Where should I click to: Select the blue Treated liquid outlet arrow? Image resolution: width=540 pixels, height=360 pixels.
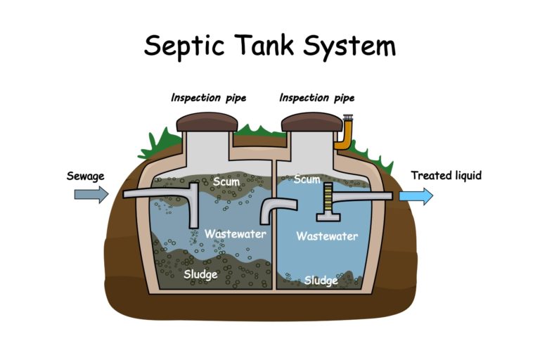point(416,195)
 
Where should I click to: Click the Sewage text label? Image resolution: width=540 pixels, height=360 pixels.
point(86,175)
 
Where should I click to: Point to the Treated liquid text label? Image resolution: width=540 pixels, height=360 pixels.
point(446,175)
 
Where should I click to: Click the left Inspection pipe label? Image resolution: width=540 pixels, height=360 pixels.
point(208,98)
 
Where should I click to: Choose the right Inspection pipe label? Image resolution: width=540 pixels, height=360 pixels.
point(316,98)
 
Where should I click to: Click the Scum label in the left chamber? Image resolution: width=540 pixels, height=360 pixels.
point(226,181)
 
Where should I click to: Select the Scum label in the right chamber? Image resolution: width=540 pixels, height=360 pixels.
point(307,179)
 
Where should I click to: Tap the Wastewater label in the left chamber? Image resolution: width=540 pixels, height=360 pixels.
point(235,233)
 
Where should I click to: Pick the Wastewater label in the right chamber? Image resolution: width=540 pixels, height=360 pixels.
point(326,236)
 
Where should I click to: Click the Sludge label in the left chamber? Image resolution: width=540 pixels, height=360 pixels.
point(200,274)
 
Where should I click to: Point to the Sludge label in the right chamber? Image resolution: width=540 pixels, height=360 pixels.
point(321,281)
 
